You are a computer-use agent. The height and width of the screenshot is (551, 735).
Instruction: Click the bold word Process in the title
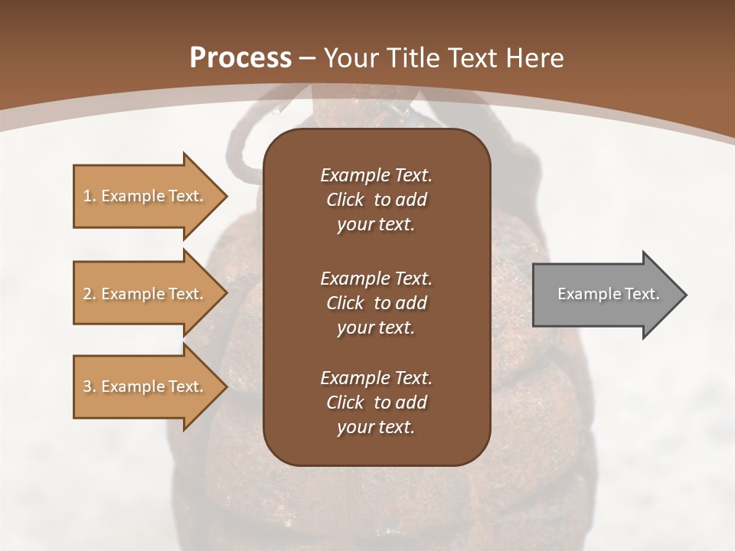(240, 58)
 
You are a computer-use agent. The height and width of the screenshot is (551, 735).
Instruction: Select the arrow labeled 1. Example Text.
(143, 196)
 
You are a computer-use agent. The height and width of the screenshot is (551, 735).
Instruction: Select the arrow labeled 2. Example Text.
(143, 294)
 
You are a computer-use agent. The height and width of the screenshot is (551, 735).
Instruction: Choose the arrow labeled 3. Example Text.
(143, 386)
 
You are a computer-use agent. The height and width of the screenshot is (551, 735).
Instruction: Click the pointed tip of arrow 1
(225, 196)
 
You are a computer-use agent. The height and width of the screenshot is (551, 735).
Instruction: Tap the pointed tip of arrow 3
(225, 386)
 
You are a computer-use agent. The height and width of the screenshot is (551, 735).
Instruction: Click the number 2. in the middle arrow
(90, 294)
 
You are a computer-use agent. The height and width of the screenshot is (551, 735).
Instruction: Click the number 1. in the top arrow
(90, 196)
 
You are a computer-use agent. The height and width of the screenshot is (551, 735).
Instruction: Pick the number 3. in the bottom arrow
(90, 386)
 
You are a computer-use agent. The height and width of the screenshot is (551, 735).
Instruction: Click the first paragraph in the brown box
(376, 200)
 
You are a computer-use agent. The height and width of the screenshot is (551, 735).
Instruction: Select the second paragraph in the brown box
(376, 303)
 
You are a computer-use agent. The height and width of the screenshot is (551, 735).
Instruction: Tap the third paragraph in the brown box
(376, 403)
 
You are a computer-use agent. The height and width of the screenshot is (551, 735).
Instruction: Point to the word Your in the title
(348, 58)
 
